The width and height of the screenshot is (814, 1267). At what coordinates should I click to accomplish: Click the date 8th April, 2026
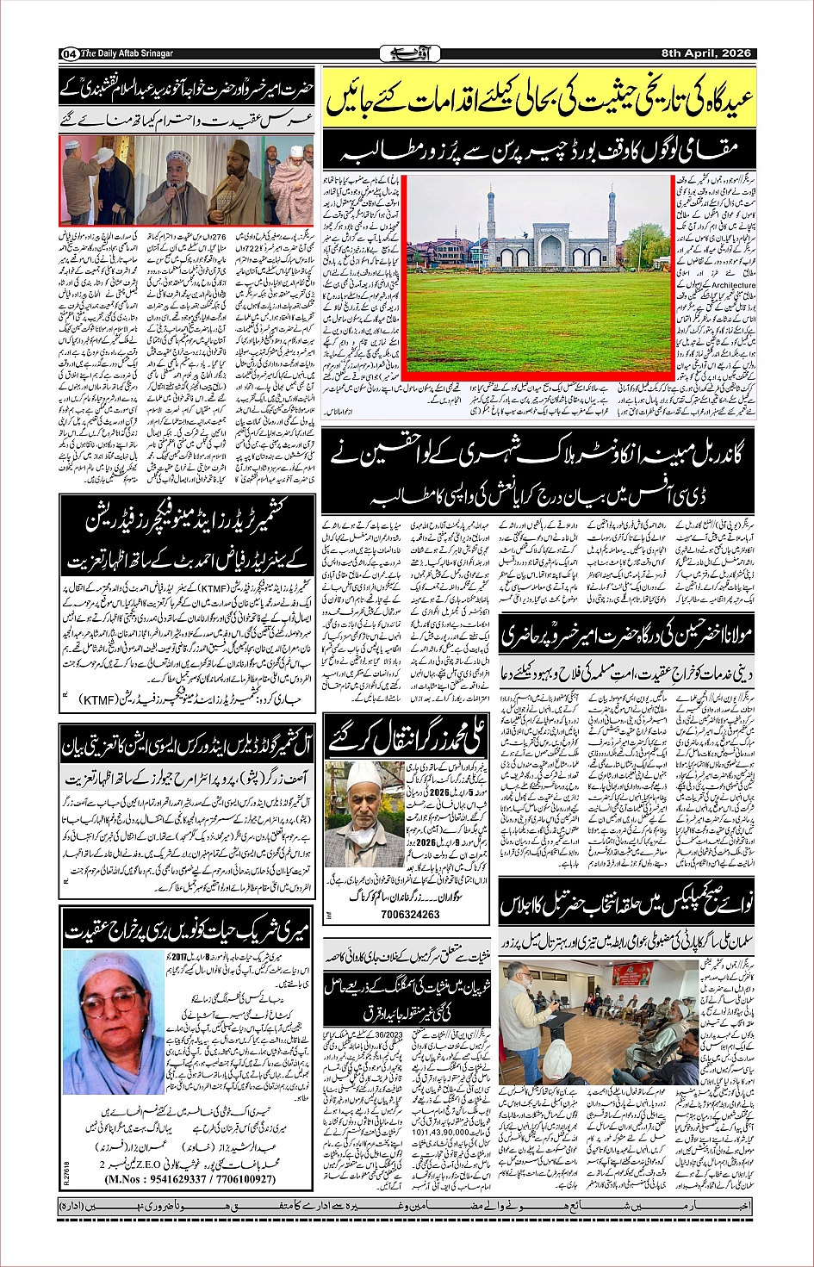706,53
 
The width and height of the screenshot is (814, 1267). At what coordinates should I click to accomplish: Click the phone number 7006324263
410,914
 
